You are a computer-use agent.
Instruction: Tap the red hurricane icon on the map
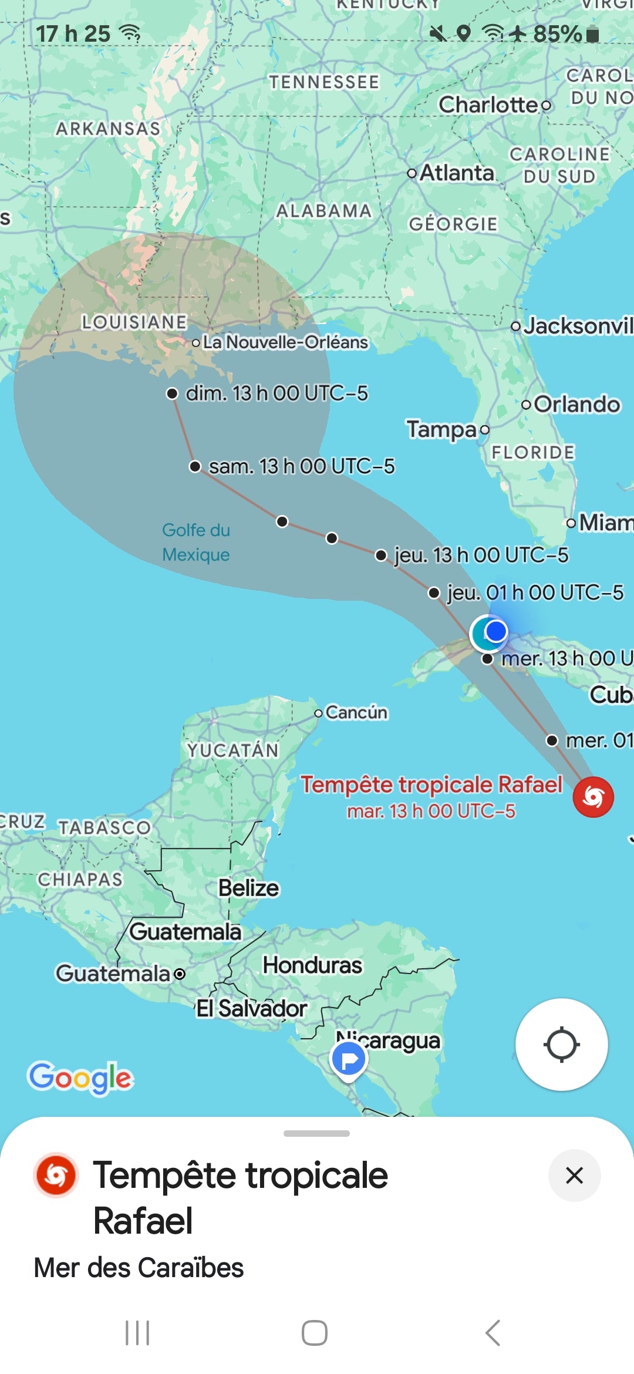(593, 797)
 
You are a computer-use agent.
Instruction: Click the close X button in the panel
(574, 1176)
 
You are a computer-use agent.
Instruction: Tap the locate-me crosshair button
(562, 1045)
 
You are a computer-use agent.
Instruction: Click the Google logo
(81, 1077)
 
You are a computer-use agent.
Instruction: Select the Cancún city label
(356, 712)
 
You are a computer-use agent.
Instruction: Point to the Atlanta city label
(456, 173)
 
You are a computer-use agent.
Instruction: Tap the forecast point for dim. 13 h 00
(172, 393)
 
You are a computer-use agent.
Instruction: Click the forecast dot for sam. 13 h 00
(195, 466)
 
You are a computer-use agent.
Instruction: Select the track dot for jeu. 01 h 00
(434, 593)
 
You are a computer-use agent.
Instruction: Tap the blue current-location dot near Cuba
(496, 631)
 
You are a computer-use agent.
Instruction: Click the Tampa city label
(441, 429)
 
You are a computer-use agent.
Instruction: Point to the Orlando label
(576, 404)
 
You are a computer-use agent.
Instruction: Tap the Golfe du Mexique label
(196, 542)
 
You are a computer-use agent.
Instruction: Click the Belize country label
(249, 888)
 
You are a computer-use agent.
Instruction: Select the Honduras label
(312, 965)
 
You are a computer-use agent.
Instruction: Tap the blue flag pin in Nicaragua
(349, 1060)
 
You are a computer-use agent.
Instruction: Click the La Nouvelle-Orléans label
(285, 342)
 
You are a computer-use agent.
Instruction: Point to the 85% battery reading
(557, 34)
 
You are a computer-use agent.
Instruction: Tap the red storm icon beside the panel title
(56, 1175)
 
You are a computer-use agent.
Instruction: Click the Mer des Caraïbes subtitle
(139, 1267)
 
